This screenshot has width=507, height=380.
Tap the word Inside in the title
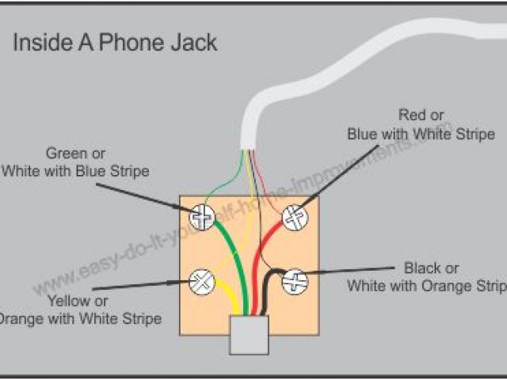[x=40, y=42]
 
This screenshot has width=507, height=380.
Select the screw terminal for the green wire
[x=202, y=215]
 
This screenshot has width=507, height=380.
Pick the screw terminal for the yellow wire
[x=202, y=279]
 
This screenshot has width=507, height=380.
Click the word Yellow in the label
[x=67, y=301]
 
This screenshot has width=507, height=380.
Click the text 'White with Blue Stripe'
[x=76, y=170]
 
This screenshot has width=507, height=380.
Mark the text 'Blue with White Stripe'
[x=421, y=134]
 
